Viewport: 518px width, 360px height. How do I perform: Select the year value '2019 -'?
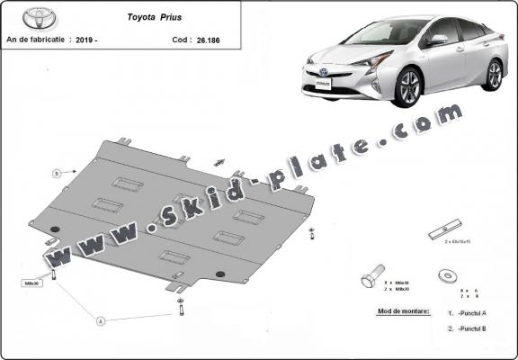point(88,40)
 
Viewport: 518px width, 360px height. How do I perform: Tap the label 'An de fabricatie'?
point(36,40)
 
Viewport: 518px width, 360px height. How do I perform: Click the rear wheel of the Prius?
point(494,74)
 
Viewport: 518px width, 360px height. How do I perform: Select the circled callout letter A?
point(100,320)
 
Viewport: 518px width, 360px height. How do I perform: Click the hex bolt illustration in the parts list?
point(371,274)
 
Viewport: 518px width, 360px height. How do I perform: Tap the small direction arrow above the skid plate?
point(219,163)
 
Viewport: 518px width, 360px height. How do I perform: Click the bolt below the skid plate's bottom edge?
point(181,306)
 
